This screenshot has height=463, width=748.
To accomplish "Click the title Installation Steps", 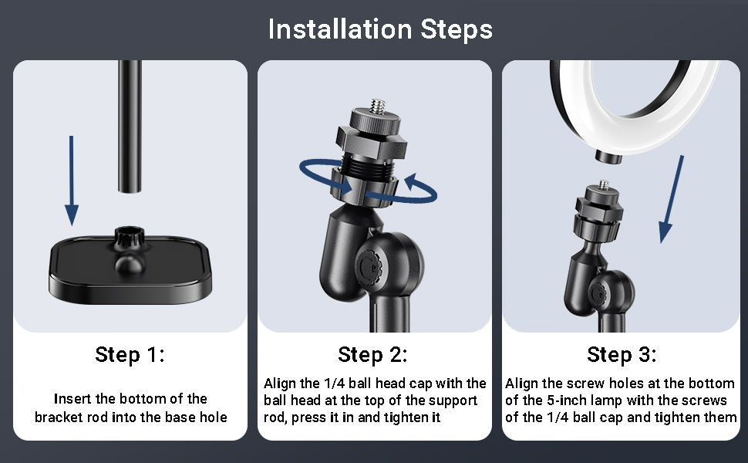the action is pos(380,29).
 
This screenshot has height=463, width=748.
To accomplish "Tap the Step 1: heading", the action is pos(130,355).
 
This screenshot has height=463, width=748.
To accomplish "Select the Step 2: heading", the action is pos(372,355).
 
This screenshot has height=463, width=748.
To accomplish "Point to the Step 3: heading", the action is pos(622,355).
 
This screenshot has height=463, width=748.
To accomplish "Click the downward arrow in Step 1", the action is pos(72,181).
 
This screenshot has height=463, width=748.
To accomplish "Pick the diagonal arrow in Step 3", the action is pos(672,199).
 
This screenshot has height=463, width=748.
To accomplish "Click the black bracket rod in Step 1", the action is pos(130,126).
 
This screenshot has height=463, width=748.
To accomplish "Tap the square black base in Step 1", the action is pos(130,269).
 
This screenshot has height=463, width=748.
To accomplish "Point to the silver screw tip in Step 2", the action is pos(379,106).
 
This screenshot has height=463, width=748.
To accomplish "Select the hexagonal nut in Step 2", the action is pos(371,142).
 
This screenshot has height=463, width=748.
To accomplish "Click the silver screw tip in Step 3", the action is pos(604,184).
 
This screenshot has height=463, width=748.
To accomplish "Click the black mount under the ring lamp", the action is pos(608,157).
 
